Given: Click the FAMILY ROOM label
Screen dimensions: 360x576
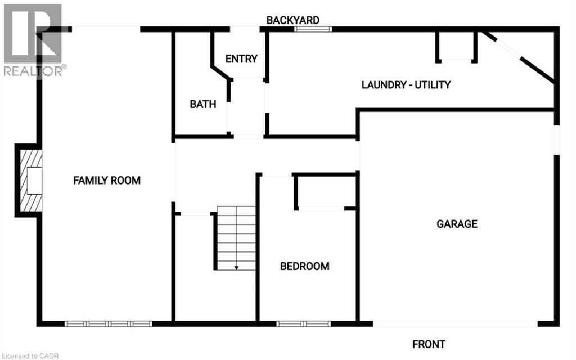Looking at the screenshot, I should pos(107,181).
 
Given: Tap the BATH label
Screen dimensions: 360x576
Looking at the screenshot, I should pos(202,104).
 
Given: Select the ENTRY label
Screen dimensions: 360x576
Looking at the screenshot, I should pos(241,58).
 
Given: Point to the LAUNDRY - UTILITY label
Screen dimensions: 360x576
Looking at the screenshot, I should pos(406,85).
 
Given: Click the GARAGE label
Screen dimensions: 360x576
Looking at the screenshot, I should pos(457,224).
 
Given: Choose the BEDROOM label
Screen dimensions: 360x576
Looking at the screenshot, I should pos(304,266).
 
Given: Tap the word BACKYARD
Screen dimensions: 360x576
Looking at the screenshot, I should pos(292,20).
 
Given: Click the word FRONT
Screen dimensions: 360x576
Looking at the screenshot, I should pos(429,344).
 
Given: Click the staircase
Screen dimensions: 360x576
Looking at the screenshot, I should pos(236,237).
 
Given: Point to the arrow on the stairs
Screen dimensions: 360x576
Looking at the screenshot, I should pos(236,267).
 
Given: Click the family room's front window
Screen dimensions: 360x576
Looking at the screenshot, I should pos(109,324).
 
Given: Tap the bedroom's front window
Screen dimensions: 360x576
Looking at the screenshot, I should pos(304,324).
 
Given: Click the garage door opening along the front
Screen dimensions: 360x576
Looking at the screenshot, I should pos(456,324).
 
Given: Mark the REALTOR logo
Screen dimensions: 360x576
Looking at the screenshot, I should pos(34,39).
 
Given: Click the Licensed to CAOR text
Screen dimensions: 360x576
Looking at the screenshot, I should pos(30,355).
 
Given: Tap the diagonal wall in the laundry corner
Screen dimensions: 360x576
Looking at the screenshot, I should pos(520,58).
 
